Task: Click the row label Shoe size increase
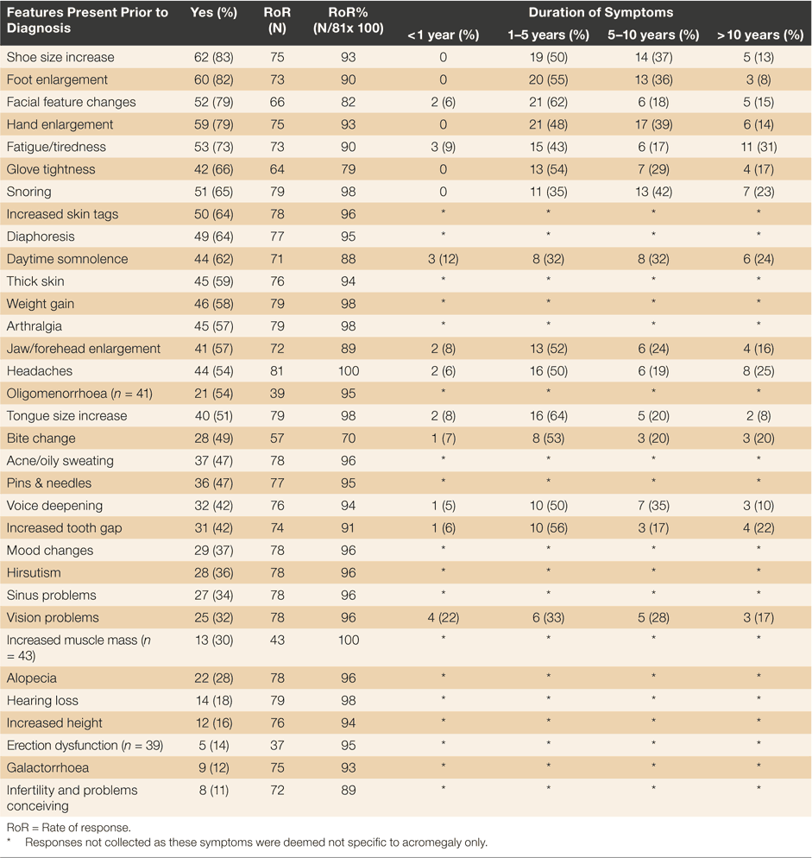click(x=60, y=58)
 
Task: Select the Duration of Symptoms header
click(x=601, y=13)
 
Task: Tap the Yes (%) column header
click(x=213, y=13)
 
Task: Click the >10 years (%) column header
click(x=760, y=35)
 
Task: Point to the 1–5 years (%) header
click(x=548, y=35)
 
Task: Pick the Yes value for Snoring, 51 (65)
click(x=213, y=192)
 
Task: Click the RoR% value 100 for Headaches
click(x=349, y=371)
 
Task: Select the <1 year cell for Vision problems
click(x=444, y=618)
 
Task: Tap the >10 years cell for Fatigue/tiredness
click(x=758, y=148)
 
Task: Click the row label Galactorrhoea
click(x=47, y=768)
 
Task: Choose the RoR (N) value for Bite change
click(x=277, y=438)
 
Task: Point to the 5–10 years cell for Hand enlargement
click(x=653, y=125)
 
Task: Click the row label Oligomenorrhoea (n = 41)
click(x=79, y=394)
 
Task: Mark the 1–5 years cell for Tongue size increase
click(x=548, y=416)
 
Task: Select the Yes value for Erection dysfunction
click(x=213, y=746)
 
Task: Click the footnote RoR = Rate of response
click(x=69, y=828)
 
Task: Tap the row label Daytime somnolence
click(x=67, y=259)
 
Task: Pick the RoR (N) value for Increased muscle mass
click(x=277, y=640)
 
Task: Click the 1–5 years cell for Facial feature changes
click(x=548, y=103)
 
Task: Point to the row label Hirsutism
click(x=34, y=573)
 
